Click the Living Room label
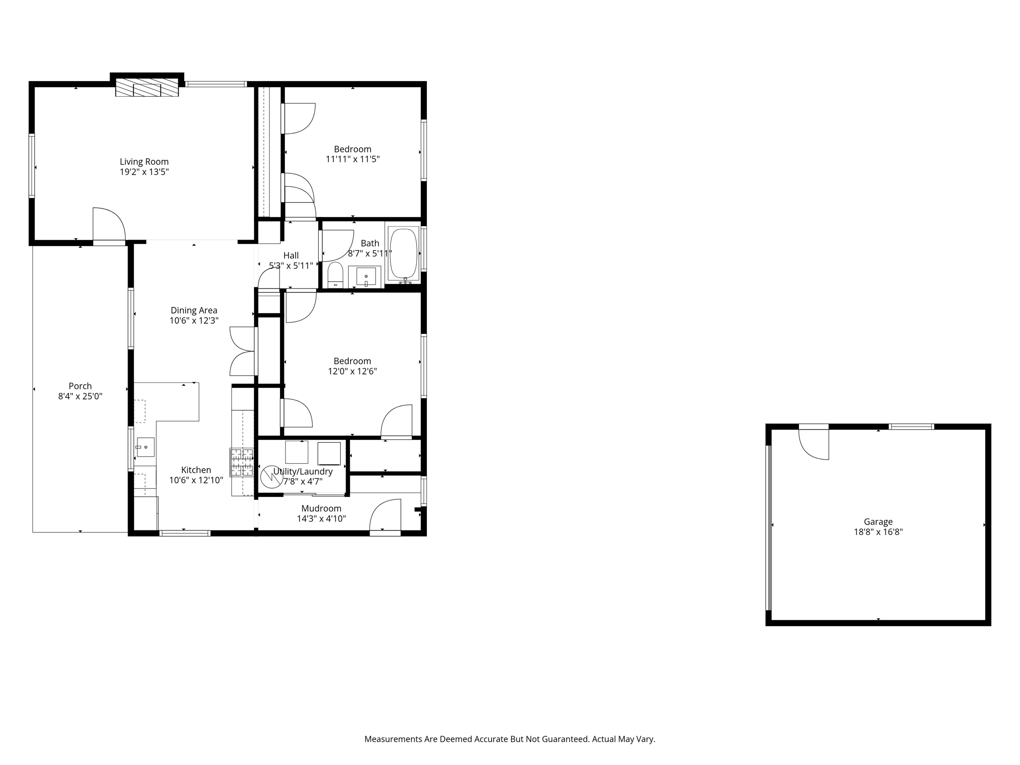pos(144,162)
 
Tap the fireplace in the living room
pos(147,87)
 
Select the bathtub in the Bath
pos(403,253)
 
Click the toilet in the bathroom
pos(335,275)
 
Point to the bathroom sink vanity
pos(365,276)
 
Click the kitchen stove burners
pos(242,462)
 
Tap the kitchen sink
pos(145,447)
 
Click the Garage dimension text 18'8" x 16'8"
pos(878,532)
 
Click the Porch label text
pos(80,386)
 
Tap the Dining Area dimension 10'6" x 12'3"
pos(194,321)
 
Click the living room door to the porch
pos(109,225)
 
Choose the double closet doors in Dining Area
pos(243,351)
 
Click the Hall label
pos(291,255)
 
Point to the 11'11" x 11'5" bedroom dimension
pos(353,159)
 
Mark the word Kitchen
pos(196,470)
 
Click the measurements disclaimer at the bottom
pos(510,739)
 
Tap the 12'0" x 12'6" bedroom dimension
pos(352,372)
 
